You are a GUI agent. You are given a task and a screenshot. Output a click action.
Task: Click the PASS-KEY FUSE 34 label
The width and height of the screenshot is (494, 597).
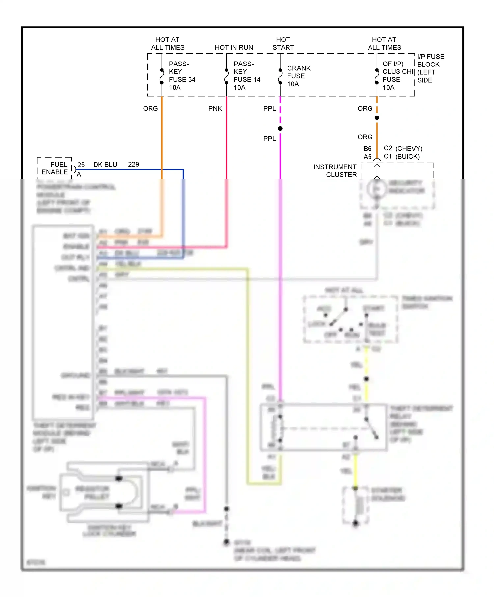(x=181, y=76)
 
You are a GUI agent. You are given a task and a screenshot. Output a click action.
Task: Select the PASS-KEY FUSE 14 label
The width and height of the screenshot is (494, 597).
(x=246, y=76)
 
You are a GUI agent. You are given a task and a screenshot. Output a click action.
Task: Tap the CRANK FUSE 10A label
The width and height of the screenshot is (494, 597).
(x=298, y=76)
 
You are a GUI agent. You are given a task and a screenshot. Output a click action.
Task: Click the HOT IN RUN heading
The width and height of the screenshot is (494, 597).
(x=234, y=48)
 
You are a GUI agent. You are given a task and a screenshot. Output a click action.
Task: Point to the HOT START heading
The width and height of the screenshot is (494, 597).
(x=283, y=43)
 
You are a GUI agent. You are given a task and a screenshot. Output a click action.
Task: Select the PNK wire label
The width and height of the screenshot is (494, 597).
(x=215, y=109)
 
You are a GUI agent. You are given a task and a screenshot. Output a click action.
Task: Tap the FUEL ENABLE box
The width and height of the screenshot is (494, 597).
(x=55, y=168)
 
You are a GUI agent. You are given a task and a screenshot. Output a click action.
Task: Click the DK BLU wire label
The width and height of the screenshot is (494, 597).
(x=105, y=165)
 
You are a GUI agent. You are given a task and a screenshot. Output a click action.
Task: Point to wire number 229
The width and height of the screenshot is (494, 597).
(x=133, y=164)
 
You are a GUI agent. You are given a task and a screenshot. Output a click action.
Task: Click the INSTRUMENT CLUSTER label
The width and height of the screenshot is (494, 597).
(x=335, y=171)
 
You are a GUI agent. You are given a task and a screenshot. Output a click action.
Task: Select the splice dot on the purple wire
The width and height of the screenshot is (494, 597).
(x=280, y=129)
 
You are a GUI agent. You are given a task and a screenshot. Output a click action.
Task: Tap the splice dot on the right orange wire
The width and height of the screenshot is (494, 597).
(x=377, y=118)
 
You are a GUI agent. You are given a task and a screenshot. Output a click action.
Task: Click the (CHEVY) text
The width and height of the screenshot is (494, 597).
(x=409, y=148)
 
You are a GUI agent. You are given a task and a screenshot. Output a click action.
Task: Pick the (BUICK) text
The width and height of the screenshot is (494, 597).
(x=407, y=156)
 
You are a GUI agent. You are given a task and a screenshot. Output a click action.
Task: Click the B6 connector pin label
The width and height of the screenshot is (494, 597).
(x=367, y=149)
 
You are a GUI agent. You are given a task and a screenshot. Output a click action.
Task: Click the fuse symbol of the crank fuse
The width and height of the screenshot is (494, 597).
(x=280, y=76)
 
